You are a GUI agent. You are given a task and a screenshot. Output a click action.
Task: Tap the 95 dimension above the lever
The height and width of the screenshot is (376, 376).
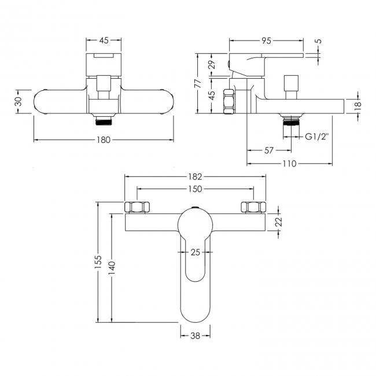click(266, 40)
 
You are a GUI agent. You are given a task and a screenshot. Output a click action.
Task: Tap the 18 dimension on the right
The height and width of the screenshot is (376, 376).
click(357, 105)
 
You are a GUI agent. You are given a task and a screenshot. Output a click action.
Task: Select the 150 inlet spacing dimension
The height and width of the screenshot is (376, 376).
click(194, 189)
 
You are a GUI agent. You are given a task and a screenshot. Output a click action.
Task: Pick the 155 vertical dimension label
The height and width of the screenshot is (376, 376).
click(98, 261)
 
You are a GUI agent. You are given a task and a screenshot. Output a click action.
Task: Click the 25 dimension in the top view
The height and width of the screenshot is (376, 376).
click(195, 252)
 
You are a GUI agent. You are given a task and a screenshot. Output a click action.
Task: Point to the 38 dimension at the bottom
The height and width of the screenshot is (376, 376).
click(195, 334)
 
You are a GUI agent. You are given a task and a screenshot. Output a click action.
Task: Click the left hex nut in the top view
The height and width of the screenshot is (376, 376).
click(139, 208)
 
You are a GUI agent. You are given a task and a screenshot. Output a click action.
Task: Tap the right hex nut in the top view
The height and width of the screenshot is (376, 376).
click(252, 208)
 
